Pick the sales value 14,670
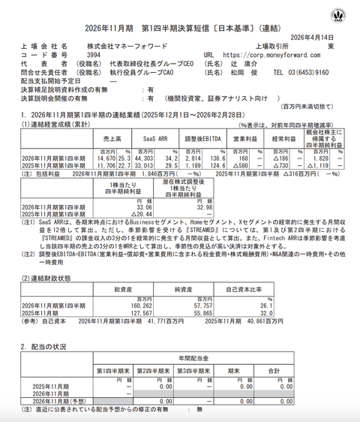click(x=101, y=158)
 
